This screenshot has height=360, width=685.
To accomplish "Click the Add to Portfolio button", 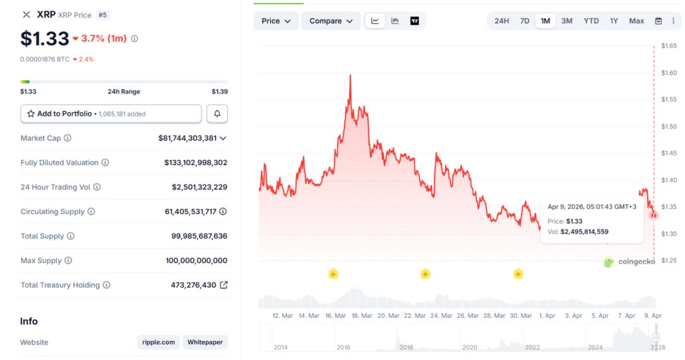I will (x=111, y=114).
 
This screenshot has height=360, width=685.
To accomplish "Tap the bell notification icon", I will (x=217, y=114).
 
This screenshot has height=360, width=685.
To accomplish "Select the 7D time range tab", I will (x=524, y=21).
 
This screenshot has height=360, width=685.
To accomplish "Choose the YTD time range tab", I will (x=591, y=21).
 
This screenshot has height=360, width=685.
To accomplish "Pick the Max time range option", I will (x=636, y=21).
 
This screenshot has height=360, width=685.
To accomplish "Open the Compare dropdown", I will (x=330, y=21).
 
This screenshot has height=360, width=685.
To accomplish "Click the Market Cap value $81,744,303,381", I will (x=187, y=138).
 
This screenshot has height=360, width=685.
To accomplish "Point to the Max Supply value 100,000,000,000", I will (x=196, y=260).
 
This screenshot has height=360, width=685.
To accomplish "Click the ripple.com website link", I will (x=159, y=342).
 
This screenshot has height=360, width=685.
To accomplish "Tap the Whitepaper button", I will (x=205, y=342).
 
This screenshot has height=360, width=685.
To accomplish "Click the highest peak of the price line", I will (x=351, y=76).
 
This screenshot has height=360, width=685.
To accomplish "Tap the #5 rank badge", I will (x=102, y=15).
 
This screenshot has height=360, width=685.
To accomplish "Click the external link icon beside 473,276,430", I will (x=223, y=285).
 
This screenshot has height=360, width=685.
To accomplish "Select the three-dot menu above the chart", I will (x=673, y=21).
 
